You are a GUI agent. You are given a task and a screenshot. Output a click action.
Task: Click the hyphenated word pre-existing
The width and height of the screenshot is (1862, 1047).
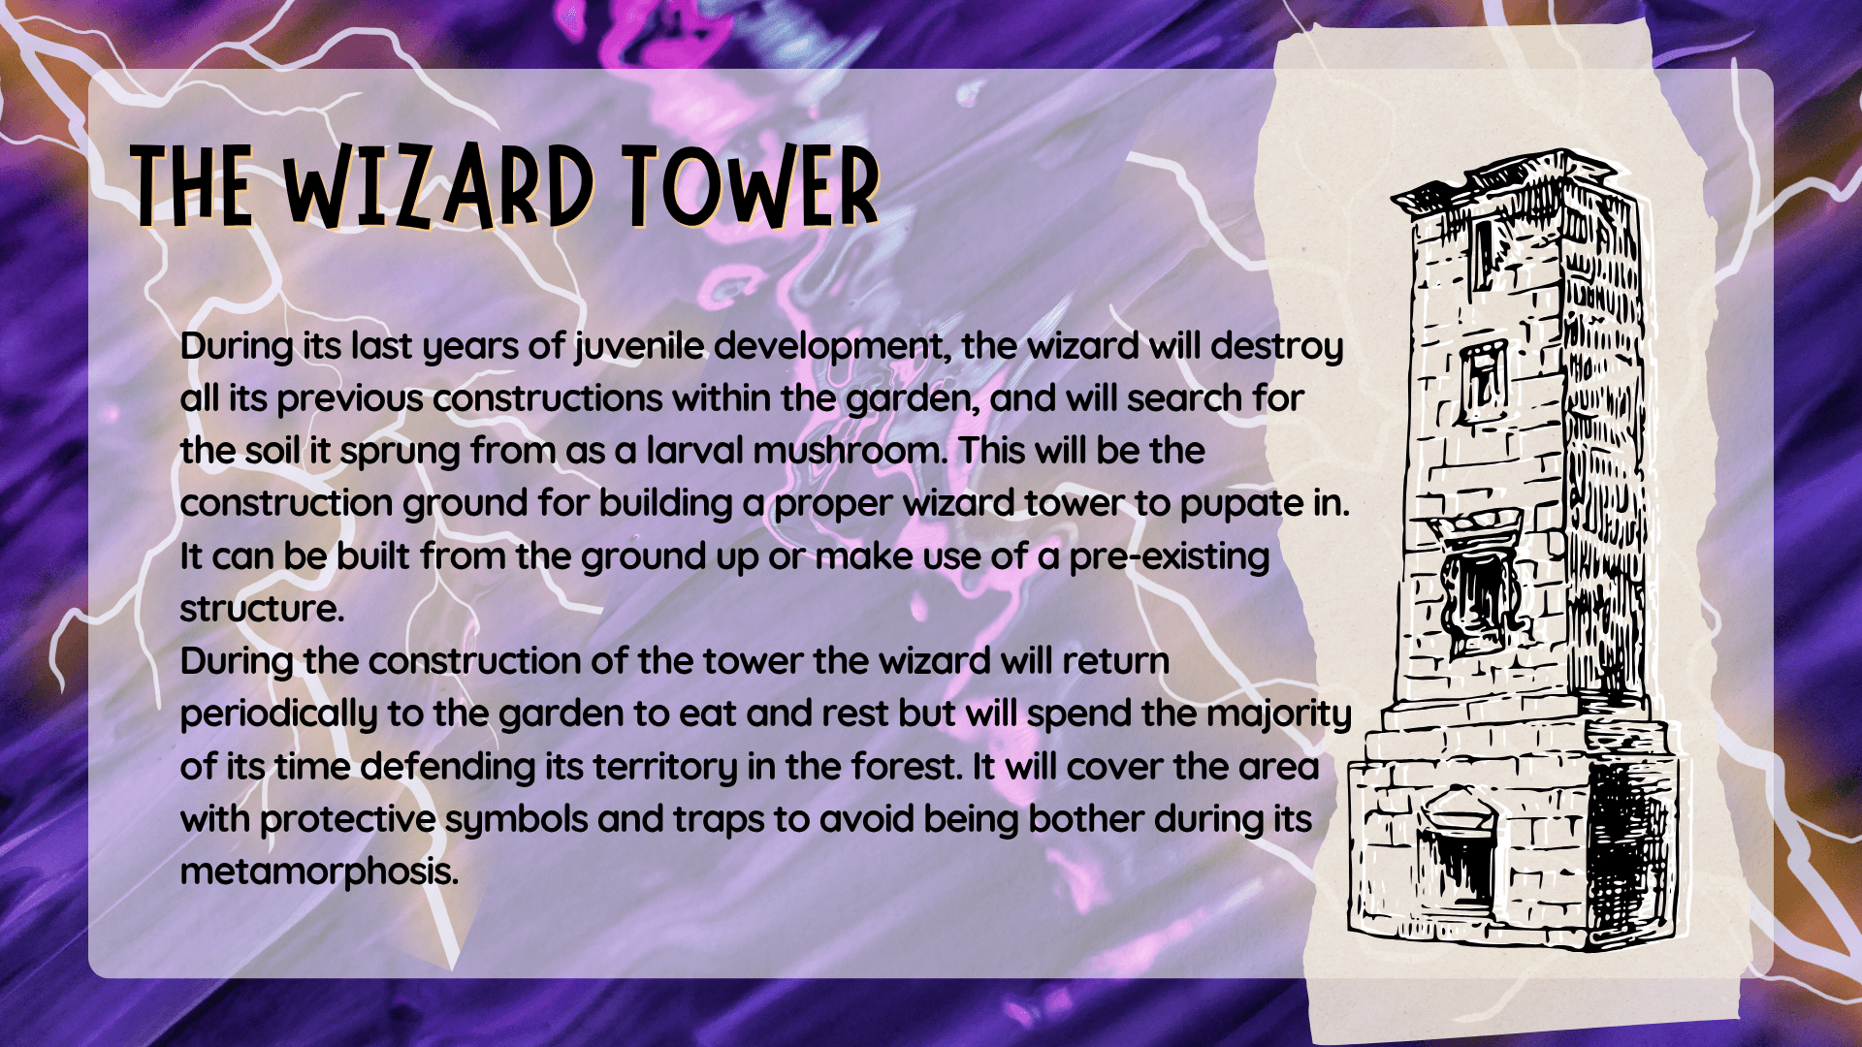1170,556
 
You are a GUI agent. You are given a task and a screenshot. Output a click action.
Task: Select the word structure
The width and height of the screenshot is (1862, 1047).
262,609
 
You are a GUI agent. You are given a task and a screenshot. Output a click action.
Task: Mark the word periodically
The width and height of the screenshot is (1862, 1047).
278,714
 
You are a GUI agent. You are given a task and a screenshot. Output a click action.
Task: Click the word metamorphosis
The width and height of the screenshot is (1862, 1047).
319,872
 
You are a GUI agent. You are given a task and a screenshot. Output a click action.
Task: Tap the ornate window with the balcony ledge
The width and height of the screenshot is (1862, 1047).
1475,582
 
